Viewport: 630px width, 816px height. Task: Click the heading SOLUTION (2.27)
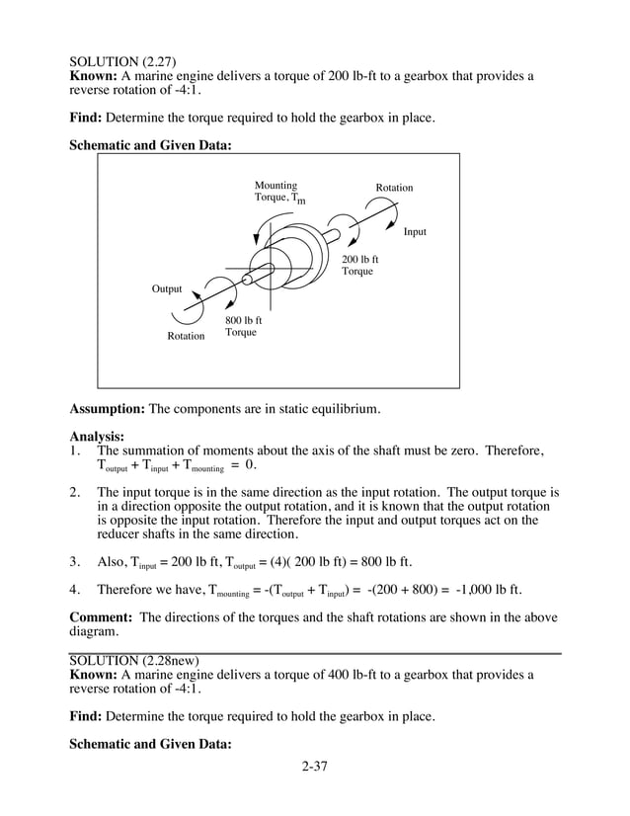point(123,62)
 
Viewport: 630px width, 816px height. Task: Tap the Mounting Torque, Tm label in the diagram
point(279,193)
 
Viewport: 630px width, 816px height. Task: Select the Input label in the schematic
point(415,232)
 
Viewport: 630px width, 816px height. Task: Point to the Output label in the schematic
point(167,289)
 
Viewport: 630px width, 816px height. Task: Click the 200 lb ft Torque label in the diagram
point(359,266)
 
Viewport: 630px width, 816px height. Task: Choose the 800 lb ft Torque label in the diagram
point(243,327)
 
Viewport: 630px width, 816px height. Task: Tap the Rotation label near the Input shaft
point(394,188)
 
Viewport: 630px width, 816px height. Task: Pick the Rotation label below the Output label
point(186,337)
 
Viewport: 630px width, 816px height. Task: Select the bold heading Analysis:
point(97,437)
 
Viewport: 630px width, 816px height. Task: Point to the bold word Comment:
point(102,618)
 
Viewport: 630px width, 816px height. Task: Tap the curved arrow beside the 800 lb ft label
point(225,293)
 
